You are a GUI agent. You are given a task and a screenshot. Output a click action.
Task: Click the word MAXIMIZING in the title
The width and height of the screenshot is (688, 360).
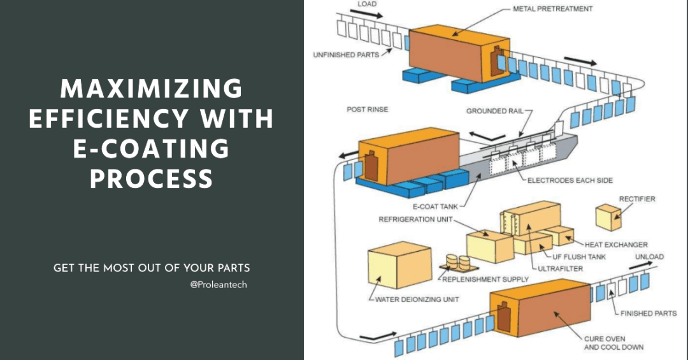pos(152,89)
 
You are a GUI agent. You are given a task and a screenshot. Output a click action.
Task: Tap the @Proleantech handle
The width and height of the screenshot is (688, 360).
pos(219,284)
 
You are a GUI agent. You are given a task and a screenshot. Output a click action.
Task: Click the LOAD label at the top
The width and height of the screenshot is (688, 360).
pos(367,4)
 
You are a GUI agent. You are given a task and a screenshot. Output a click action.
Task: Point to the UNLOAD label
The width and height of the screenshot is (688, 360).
pos(649,257)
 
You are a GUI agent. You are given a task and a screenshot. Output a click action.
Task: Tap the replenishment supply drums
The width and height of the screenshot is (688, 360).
pos(457,262)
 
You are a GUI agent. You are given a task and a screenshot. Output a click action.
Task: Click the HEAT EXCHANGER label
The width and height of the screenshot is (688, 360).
pos(616,244)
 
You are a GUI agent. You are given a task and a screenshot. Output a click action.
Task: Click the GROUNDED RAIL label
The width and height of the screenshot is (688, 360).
pos(494,111)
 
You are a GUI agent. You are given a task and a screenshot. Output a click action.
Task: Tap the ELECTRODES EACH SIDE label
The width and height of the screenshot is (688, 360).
pos(570,180)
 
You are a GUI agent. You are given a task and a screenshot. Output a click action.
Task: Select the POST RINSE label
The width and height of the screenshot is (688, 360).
pos(368,109)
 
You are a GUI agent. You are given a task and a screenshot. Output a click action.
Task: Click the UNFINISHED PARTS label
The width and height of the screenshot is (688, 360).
pos(346,55)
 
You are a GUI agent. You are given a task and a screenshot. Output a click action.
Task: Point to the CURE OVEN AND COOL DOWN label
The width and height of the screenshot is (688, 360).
pos(613,342)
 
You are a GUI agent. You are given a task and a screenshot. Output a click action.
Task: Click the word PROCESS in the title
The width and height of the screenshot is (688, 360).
pos(152,179)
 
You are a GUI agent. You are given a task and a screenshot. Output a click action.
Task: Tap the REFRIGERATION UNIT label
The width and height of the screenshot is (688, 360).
pos(415,219)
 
